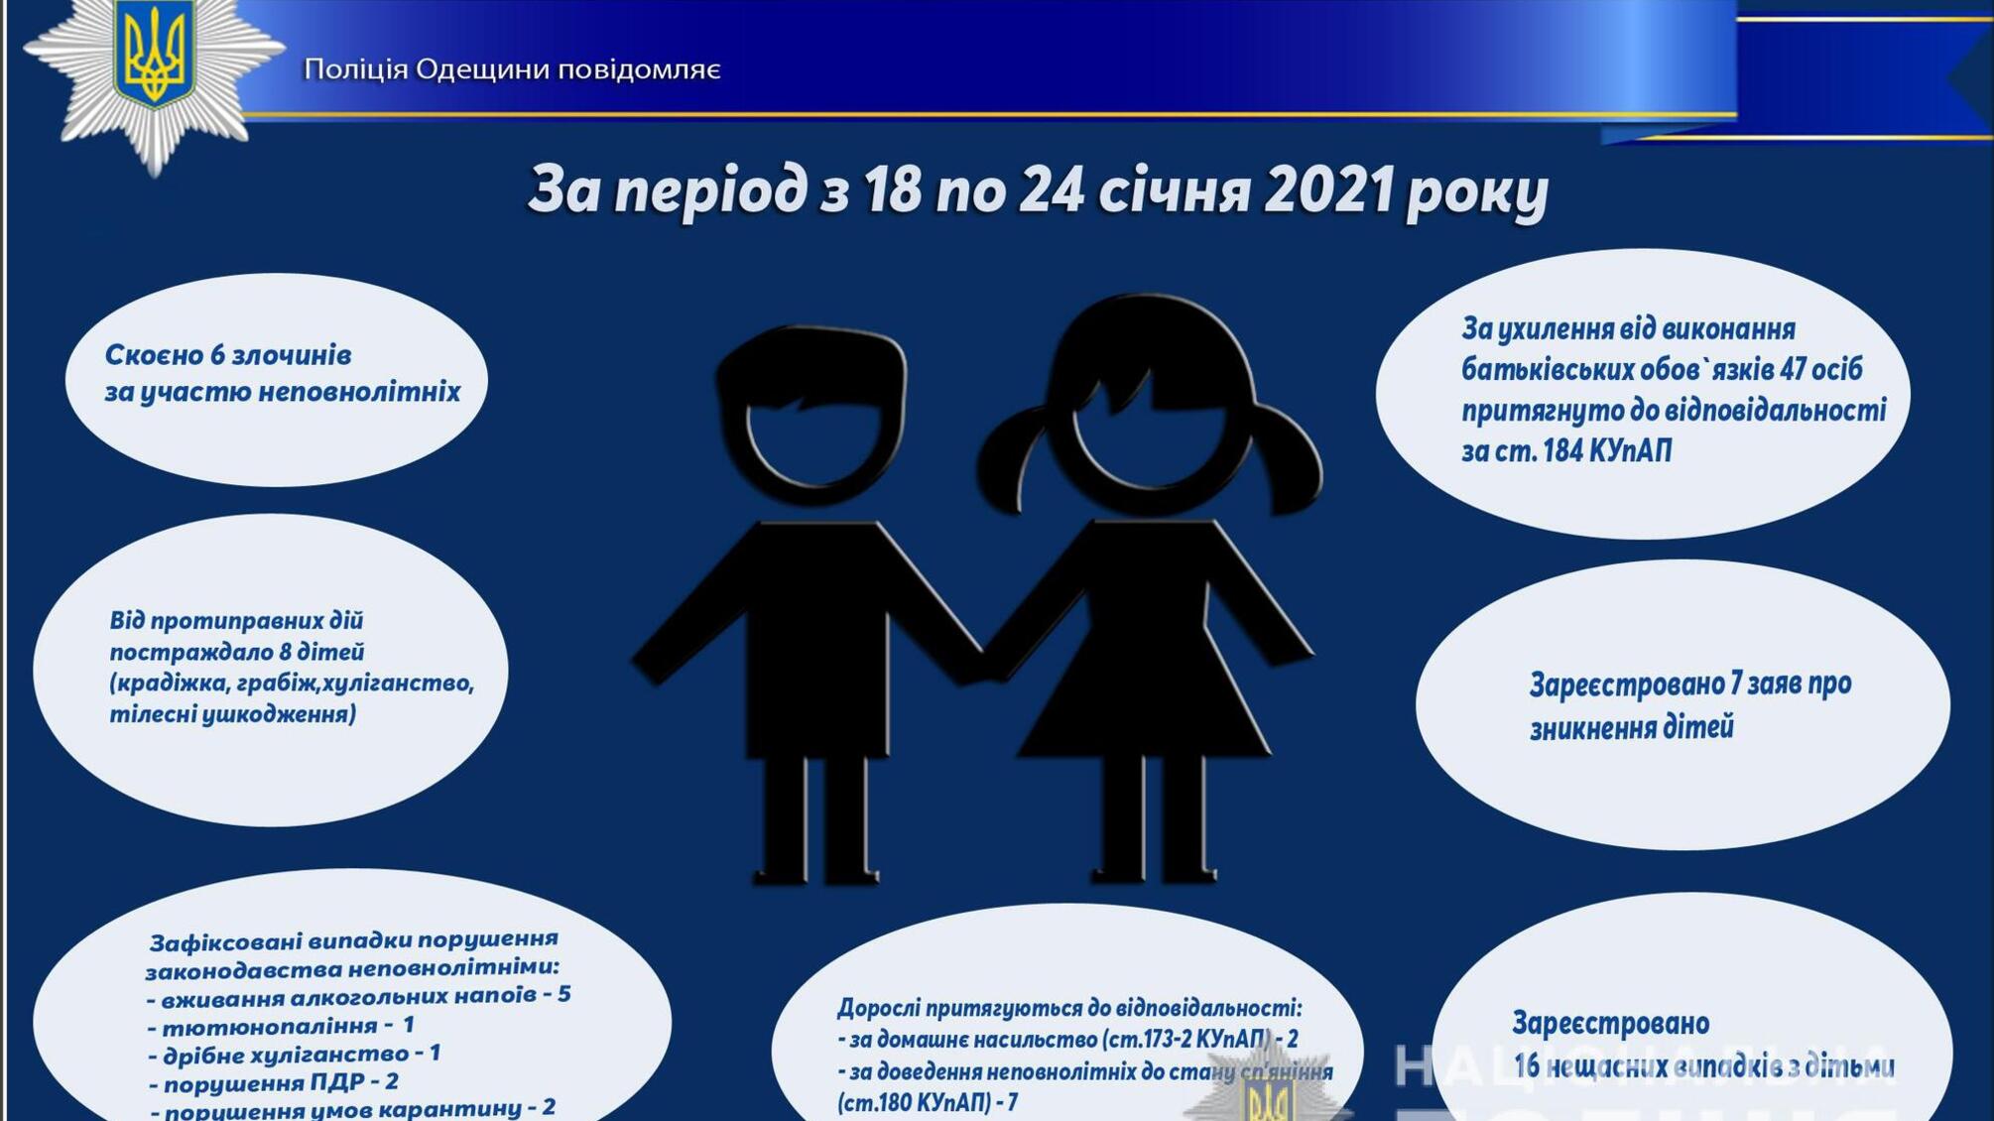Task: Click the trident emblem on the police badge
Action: click(x=154, y=55)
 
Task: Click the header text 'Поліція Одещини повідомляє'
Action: click(x=512, y=69)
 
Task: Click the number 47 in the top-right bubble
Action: click(x=1792, y=369)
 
